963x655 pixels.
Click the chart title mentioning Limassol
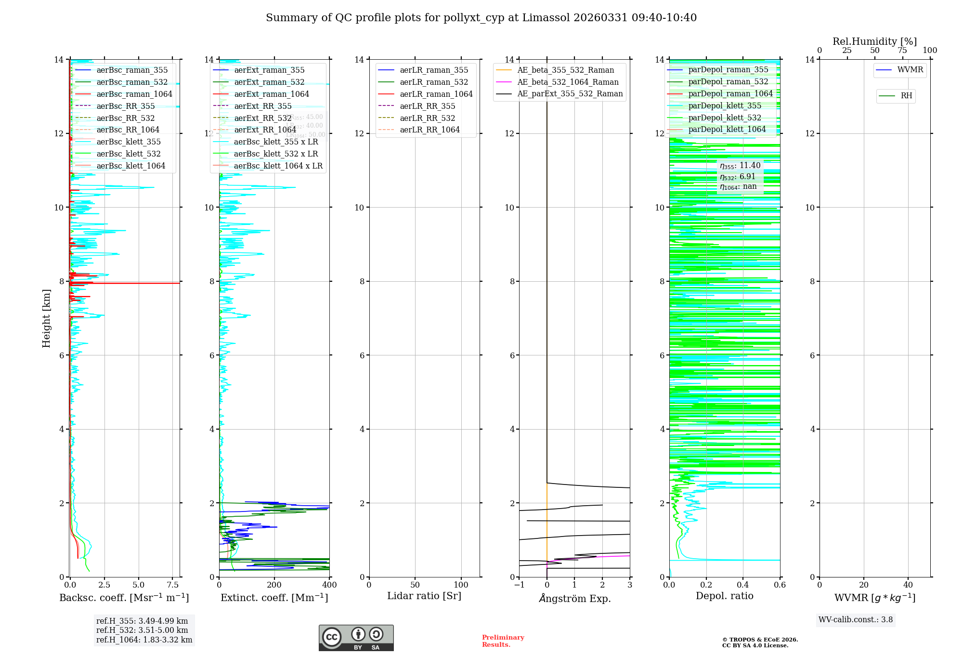(x=481, y=18)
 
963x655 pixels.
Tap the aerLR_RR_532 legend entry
(x=427, y=118)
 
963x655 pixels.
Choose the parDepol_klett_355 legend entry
(x=725, y=105)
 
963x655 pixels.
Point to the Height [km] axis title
(x=46, y=318)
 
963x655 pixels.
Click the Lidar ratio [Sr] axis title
(x=424, y=596)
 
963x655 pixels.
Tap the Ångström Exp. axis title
(x=574, y=598)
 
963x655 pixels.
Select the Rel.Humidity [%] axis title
(x=874, y=41)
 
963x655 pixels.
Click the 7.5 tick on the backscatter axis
(x=173, y=585)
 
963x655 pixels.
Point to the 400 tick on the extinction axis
(x=330, y=585)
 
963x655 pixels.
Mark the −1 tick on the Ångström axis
(x=519, y=585)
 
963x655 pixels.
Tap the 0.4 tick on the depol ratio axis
(x=743, y=585)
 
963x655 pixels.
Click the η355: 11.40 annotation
(x=740, y=166)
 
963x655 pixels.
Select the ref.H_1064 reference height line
(x=144, y=640)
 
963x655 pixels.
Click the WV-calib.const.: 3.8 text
(x=856, y=619)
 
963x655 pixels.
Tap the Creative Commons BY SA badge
(x=356, y=638)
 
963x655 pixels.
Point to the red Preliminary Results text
(x=503, y=641)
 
